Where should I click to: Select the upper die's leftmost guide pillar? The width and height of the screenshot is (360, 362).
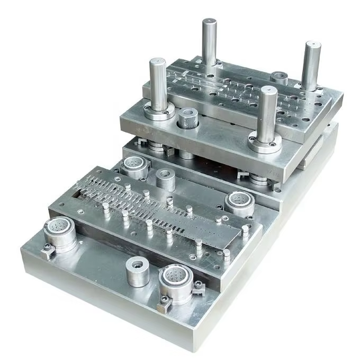point(158,85)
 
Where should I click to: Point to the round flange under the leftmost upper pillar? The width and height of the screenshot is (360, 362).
point(158,112)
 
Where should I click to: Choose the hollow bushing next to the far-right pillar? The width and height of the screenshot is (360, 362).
point(279,78)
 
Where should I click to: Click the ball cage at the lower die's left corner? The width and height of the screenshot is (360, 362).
point(59,233)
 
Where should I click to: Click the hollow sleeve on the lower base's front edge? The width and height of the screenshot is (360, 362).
point(138,271)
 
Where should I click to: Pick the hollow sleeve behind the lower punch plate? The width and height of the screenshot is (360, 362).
point(166,180)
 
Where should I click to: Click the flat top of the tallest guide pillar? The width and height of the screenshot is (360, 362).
point(209,22)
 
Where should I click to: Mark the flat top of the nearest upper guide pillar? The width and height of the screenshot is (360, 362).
point(268,90)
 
